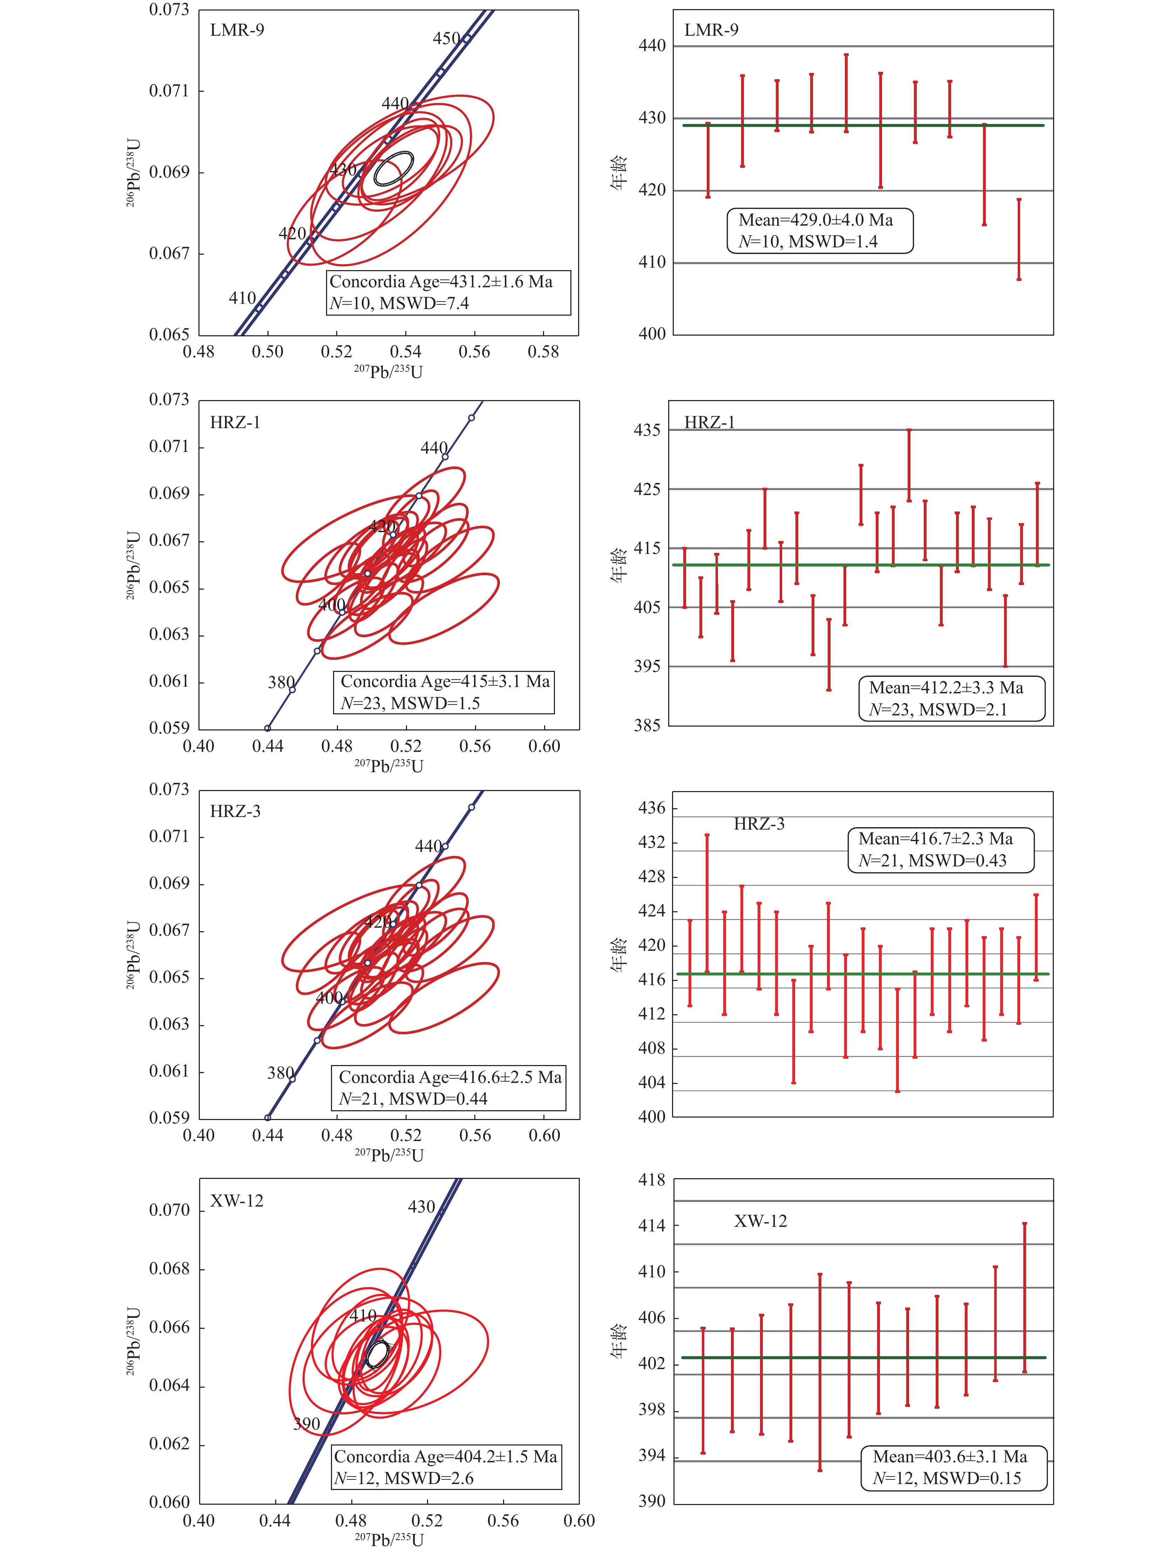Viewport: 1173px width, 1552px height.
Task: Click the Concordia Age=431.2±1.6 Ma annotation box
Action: pyautogui.click(x=449, y=293)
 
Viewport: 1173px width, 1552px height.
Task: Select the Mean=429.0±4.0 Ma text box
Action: pyautogui.click(x=820, y=230)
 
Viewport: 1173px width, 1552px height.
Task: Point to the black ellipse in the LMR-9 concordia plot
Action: pyautogui.click(x=393, y=169)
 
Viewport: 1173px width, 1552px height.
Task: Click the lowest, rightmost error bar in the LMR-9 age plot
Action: pyautogui.click(x=1018, y=239)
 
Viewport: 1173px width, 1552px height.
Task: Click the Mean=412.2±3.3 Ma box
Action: pyautogui.click(x=951, y=698)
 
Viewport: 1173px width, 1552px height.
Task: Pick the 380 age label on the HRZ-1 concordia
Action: pyautogui.click(x=281, y=682)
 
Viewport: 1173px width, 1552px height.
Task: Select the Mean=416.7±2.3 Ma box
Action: pyautogui.click(x=941, y=850)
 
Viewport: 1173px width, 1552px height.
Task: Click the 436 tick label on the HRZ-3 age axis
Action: pyautogui.click(x=651, y=808)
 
